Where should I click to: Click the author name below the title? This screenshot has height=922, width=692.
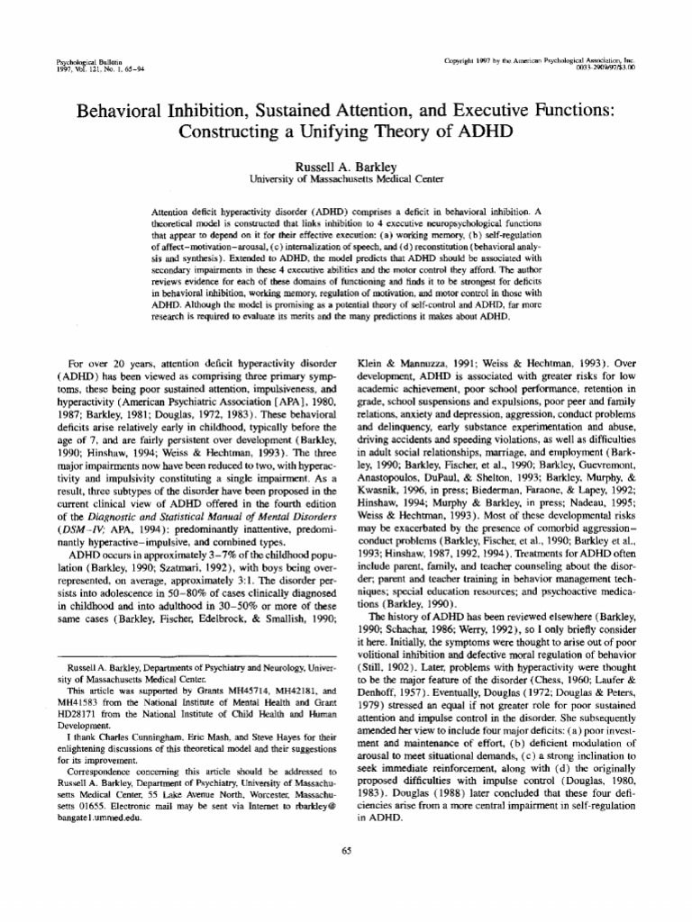[346, 167]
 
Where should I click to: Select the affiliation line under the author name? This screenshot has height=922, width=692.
[346, 180]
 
